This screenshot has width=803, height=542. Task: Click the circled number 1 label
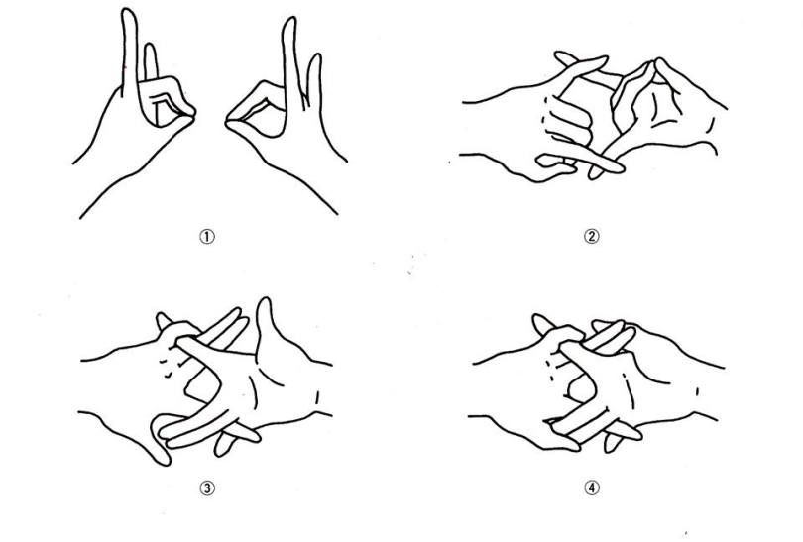click(207, 237)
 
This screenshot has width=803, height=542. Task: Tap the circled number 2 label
click(592, 237)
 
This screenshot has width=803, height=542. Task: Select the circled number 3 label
click(207, 488)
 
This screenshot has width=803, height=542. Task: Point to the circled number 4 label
click(592, 488)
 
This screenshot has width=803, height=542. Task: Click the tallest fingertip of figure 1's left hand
click(129, 12)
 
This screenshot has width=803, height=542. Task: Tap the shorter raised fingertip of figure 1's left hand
click(150, 48)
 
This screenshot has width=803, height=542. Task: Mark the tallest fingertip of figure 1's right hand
click(290, 22)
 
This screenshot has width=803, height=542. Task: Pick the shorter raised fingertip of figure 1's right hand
click(315, 57)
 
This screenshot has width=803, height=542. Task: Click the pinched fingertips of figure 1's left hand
click(189, 114)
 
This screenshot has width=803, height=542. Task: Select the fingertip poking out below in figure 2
click(595, 173)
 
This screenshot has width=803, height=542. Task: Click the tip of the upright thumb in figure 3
click(264, 302)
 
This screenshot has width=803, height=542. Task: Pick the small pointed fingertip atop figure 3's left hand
click(162, 317)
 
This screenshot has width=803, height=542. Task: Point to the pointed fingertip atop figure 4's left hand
click(537, 320)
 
